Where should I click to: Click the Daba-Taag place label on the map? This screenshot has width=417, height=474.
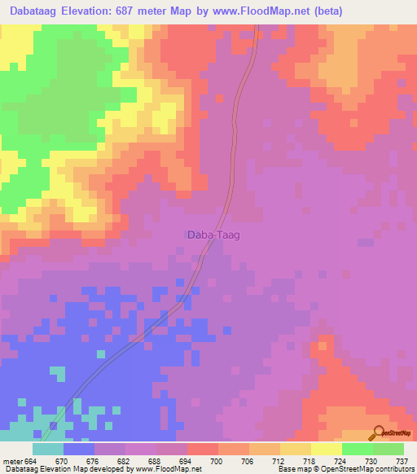tap(208, 235)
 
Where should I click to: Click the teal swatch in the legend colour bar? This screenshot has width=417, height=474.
tap(48, 449)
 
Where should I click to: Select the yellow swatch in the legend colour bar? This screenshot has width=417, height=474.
tap(326, 449)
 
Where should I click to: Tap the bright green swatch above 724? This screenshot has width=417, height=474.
tap(357, 449)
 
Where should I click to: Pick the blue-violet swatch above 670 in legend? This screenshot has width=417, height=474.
tap(79, 449)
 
